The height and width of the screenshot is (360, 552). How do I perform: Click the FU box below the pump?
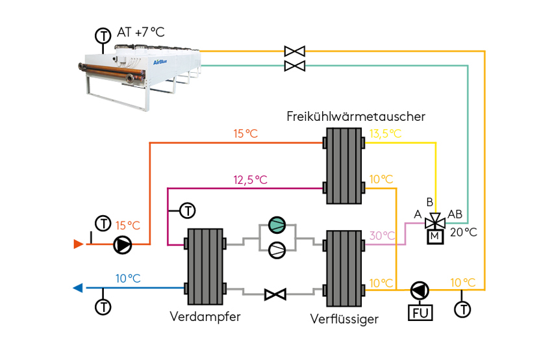[x=420, y=313]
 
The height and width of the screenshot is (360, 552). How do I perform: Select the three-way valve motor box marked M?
[x=433, y=236]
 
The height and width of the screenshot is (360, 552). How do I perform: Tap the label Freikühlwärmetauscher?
[x=356, y=117]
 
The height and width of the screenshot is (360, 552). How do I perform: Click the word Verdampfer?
[x=205, y=317]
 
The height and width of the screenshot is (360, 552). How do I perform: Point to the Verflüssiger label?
[x=344, y=318]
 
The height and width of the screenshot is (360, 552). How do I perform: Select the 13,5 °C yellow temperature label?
[x=385, y=134]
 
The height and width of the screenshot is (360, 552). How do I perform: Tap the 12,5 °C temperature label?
[x=250, y=179]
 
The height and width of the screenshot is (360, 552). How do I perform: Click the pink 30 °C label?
[x=382, y=236]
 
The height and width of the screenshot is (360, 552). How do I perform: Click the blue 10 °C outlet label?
[x=128, y=278]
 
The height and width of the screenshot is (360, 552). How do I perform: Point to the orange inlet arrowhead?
[x=78, y=244]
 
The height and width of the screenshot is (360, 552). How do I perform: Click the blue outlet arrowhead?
[x=78, y=288]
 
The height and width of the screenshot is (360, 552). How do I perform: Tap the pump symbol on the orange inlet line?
[x=122, y=245]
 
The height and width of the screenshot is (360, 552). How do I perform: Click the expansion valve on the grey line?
[x=275, y=295]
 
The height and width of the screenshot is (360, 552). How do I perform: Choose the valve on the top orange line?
[x=295, y=51]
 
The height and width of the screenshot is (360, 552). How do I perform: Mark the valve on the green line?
[x=295, y=66]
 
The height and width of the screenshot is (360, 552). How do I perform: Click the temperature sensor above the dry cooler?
[x=103, y=35]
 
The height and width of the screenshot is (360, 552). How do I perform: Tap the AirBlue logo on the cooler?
[x=158, y=63]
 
